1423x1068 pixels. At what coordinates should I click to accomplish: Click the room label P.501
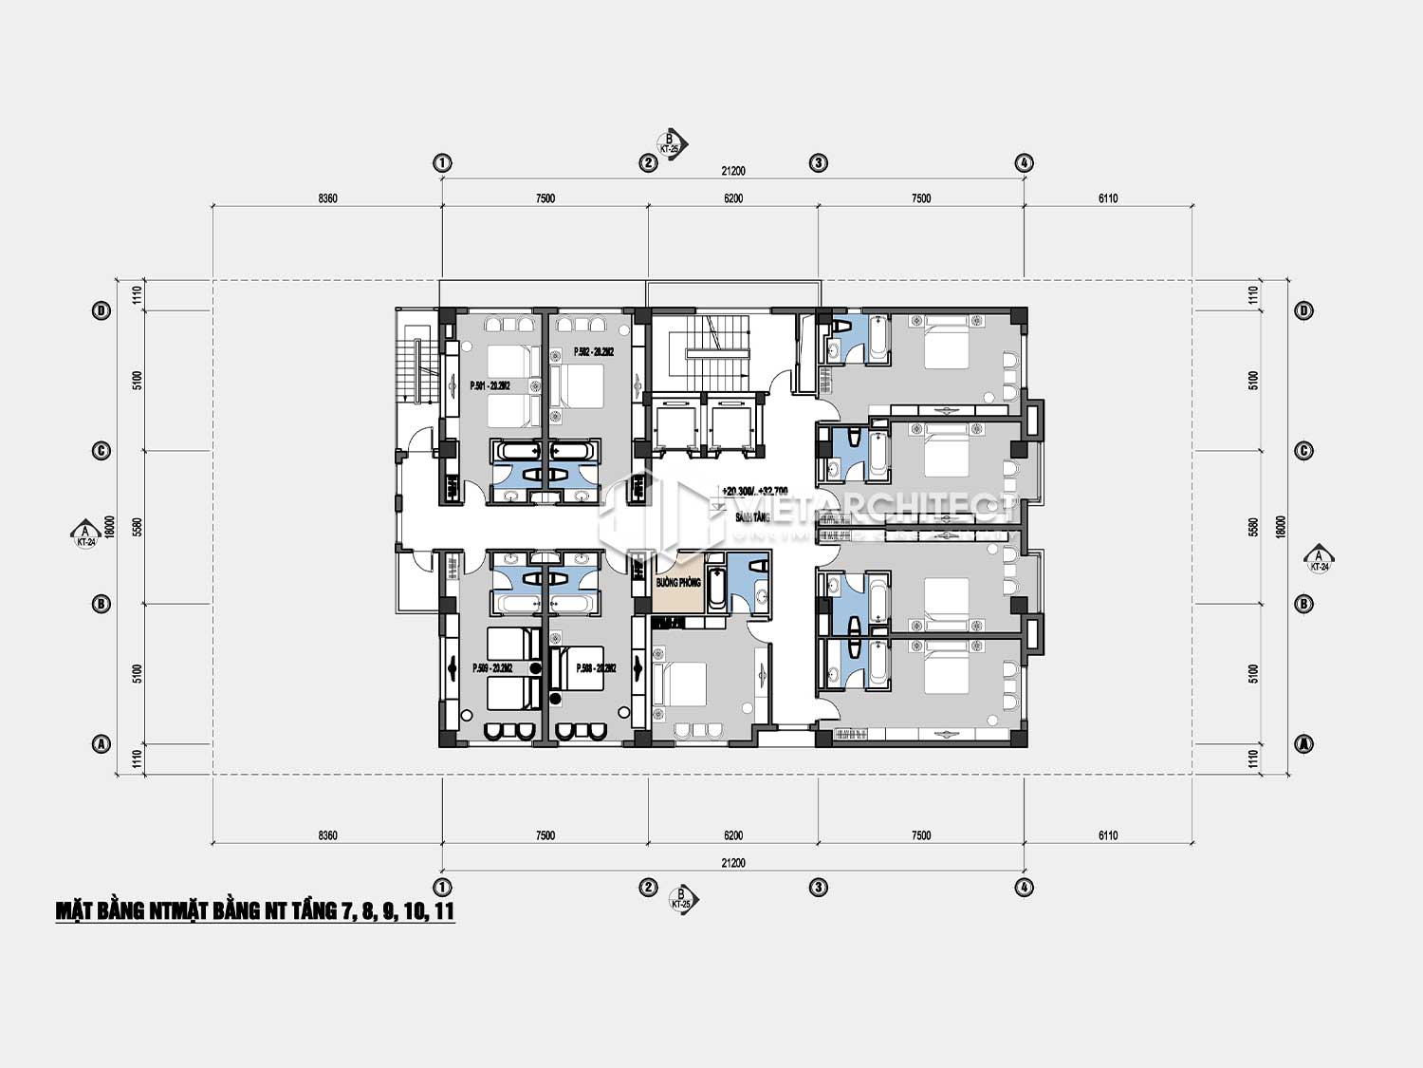click(x=490, y=385)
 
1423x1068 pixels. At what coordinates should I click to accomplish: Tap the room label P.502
click(x=593, y=351)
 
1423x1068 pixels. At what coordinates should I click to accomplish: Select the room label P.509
click(x=492, y=668)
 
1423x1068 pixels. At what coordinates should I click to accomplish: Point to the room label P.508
click(x=597, y=668)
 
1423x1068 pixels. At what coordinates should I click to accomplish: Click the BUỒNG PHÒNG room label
click(x=678, y=582)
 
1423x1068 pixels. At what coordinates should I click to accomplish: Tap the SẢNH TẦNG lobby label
click(x=752, y=517)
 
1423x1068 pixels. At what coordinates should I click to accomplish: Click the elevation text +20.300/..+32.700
click(x=754, y=491)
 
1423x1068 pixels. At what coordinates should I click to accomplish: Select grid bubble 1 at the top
click(x=442, y=163)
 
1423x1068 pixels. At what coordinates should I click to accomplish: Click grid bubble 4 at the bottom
click(x=1025, y=888)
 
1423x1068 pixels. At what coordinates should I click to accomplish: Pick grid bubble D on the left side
click(x=102, y=310)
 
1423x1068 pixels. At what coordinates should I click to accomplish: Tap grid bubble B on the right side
click(x=1304, y=604)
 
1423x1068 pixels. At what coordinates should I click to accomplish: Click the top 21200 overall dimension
click(x=733, y=172)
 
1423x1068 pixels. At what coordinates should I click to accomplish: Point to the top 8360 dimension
click(x=327, y=198)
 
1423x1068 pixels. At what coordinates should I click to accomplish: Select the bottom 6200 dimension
click(x=733, y=835)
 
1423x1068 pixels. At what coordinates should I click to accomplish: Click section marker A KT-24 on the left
click(x=85, y=535)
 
